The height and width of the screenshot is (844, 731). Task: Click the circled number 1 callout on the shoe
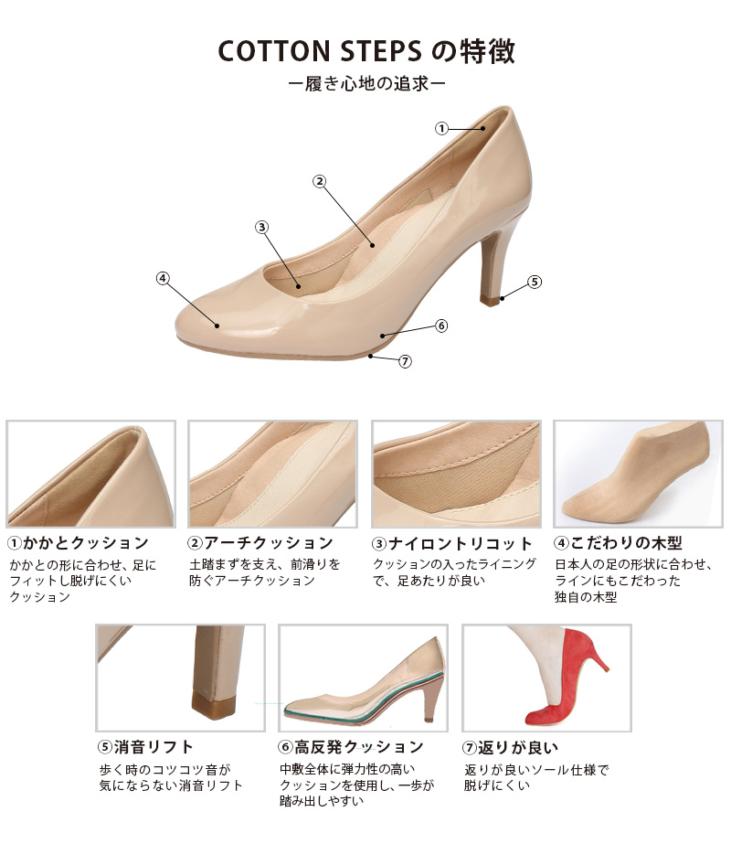coord(441,129)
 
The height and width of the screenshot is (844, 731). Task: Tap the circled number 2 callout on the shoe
coord(320,181)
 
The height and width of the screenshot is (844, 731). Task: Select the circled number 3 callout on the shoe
coord(261,227)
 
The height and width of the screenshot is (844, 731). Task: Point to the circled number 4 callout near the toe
coord(163,278)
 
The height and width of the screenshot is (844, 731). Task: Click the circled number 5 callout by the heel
coord(535,282)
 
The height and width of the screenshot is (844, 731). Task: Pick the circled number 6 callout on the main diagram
coord(441,326)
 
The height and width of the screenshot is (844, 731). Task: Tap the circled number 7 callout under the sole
coord(405,361)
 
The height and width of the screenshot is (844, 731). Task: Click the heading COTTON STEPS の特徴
coord(365,51)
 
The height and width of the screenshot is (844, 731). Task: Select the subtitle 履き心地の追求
coord(366,84)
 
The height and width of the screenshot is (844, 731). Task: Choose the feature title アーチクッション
coord(269,542)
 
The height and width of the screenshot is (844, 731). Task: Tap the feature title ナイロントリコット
coord(460,544)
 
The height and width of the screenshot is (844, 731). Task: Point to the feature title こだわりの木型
coord(626,542)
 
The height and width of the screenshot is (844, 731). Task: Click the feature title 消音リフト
coord(154,747)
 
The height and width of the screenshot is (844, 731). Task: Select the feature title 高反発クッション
coord(359,747)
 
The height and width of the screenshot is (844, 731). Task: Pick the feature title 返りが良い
coord(518,747)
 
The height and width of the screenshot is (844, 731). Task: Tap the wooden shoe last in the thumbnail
coord(638,475)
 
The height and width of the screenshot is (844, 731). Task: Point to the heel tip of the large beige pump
coord(491,300)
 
